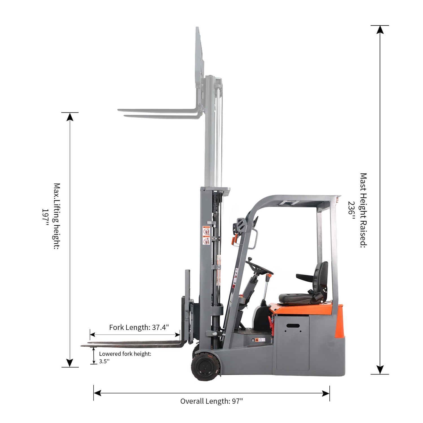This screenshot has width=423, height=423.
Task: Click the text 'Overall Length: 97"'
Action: pyautogui.click(x=211, y=401)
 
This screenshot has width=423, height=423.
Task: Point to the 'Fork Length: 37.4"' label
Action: pyautogui.click(x=139, y=327)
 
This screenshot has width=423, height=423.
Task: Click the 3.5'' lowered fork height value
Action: pyautogui.click(x=104, y=361)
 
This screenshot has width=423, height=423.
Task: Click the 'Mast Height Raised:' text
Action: pyautogui.click(x=363, y=210)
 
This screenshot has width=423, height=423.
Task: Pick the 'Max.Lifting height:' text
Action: pyautogui.click(x=57, y=216)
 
